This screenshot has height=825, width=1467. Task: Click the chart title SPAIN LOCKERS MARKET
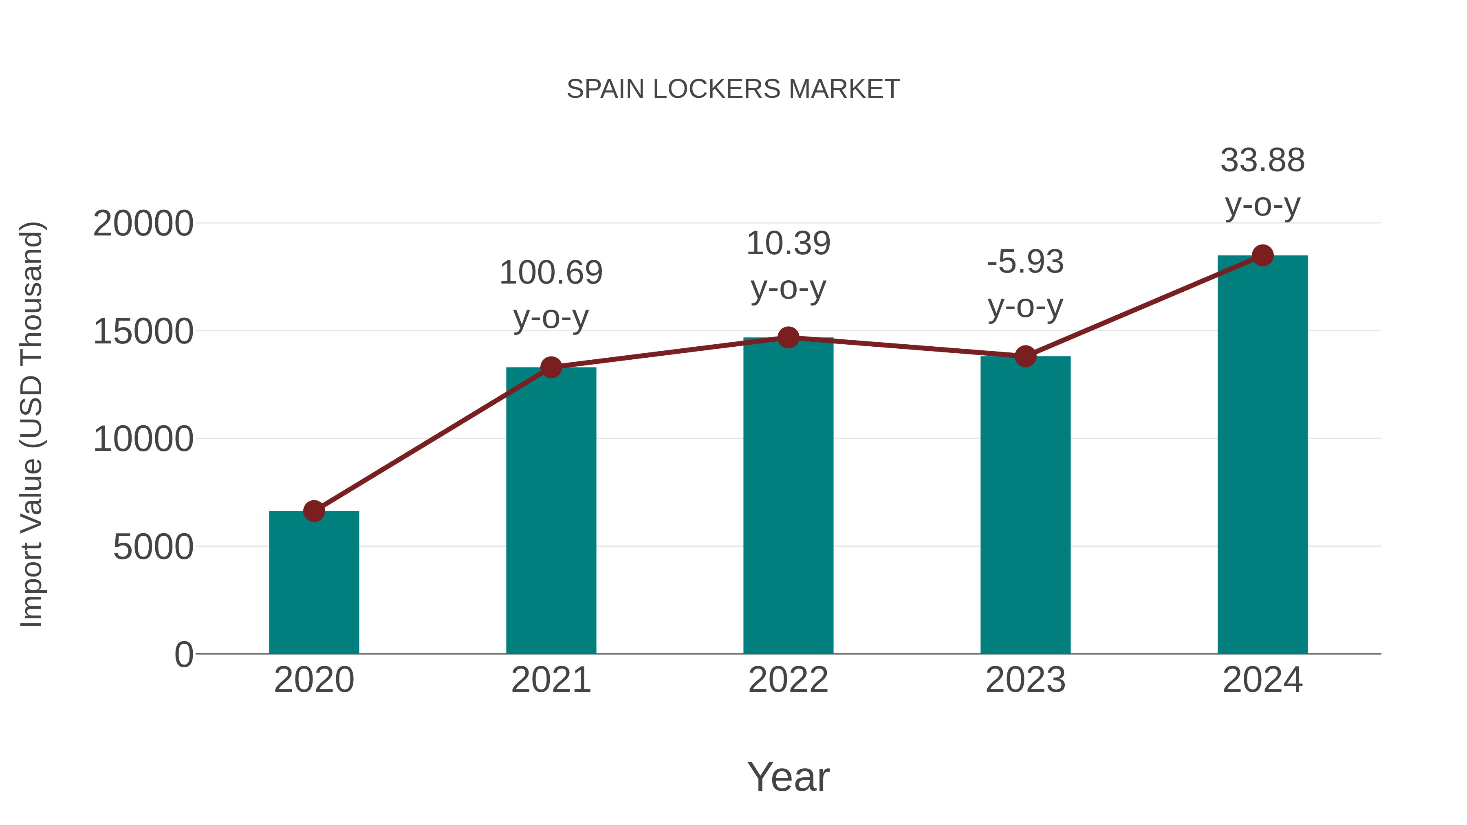click(x=733, y=89)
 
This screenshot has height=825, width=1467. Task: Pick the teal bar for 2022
click(x=788, y=495)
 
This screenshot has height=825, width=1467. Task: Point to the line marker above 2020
click(x=314, y=511)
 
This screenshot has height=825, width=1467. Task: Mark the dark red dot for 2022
click(x=788, y=338)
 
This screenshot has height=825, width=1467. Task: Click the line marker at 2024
click(x=1262, y=255)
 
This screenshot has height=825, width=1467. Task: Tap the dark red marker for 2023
click(x=1025, y=356)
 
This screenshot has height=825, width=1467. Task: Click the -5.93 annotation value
click(x=1025, y=262)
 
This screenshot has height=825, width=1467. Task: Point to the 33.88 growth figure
click(x=1262, y=161)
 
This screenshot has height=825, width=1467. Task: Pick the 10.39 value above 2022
click(x=788, y=244)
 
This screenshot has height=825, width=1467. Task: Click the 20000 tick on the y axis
click(x=143, y=224)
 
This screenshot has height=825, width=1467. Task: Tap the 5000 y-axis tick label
click(x=153, y=547)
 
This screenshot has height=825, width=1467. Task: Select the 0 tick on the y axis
click(x=184, y=655)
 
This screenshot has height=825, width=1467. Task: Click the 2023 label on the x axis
click(x=1025, y=680)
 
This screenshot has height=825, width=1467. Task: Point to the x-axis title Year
click(x=788, y=777)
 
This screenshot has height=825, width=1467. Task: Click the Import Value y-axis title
click(x=31, y=424)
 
